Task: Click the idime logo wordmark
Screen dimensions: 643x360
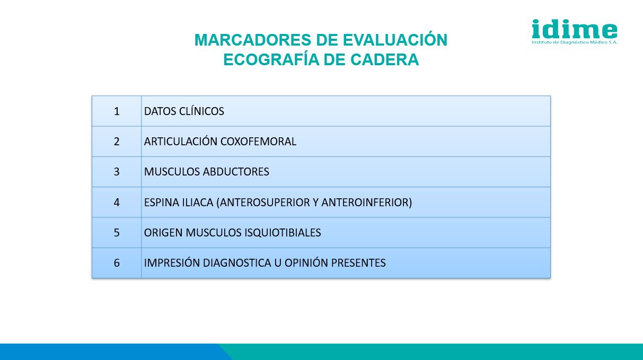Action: coord(575,29)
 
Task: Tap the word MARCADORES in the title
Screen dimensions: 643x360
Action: coord(253,40)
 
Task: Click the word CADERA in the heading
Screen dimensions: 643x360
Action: coord(384,60)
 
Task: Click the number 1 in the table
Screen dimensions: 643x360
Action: coord(117,111)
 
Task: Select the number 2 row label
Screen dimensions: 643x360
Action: coord(117,142)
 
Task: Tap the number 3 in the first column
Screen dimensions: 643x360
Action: coord(117,172)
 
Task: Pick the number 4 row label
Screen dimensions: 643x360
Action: coord(117,203)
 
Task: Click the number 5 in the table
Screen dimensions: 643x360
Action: coord(117,233)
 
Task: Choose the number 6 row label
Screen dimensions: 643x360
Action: coord(117,263)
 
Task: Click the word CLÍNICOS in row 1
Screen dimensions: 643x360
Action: coord(201,111)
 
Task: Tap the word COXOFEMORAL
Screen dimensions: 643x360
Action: coord(258,142)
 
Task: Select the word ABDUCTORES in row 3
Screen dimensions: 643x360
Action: coord(236,172)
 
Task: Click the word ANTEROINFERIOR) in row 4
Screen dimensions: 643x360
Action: coord(367,203)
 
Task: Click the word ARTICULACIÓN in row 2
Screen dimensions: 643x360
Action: coord(181,141)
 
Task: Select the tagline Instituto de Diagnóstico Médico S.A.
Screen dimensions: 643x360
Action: coord(575,42)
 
